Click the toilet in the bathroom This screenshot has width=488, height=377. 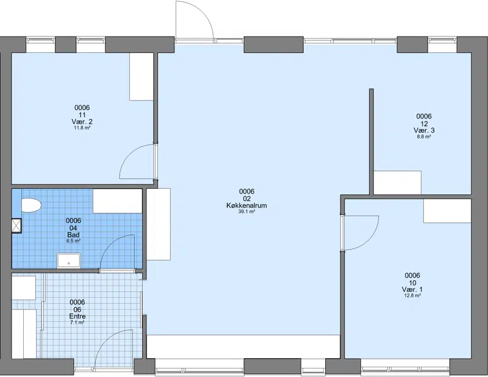point(31,205)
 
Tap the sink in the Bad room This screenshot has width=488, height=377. point(69,261)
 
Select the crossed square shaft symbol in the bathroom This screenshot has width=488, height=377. point(16,225)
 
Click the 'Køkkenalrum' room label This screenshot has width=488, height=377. point(246,205)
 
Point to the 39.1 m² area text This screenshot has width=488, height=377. point(246,212)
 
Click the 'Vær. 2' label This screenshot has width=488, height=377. point(82,122)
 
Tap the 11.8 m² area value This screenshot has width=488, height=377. point(82,128)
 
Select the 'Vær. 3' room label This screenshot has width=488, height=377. point(424,130)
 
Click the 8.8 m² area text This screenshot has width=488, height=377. point(424,136)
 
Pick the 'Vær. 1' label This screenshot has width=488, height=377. point(412,289)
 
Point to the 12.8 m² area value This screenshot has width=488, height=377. point(412,295)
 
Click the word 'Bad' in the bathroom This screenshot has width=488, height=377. point(73,234)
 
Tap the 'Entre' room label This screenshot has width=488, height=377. point(77,316)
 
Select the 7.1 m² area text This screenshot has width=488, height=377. point(77,323)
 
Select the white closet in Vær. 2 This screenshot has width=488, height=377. point(142,77)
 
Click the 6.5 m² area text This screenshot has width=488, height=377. point(73,241)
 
